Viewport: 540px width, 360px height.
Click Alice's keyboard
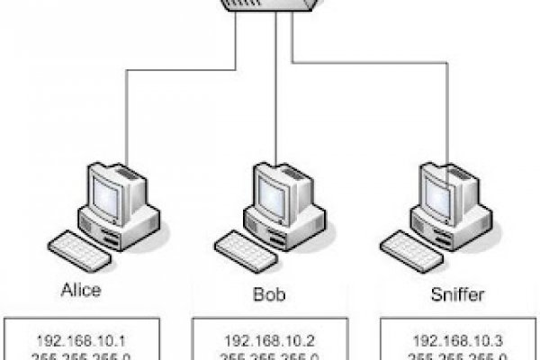tap(79, 245)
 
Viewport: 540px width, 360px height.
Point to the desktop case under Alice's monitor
tap(126, 222)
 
